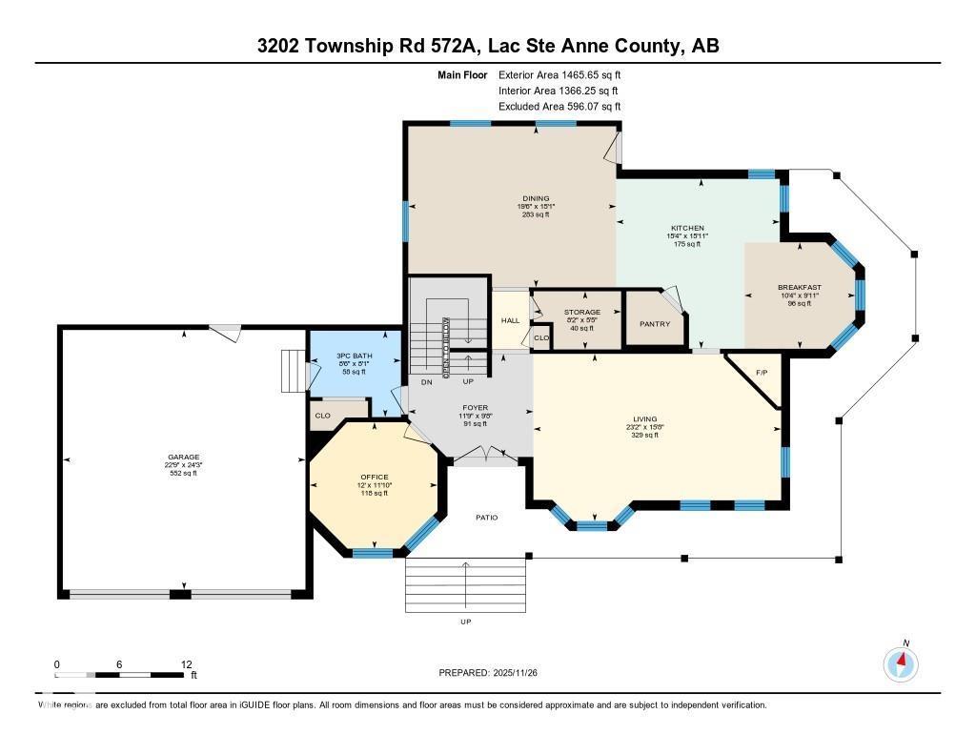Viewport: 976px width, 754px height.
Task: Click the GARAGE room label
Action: coord(184,457)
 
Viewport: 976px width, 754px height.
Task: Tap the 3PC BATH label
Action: coord(355,356)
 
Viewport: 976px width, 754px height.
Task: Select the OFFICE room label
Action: coord(375,477)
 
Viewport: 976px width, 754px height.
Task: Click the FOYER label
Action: coord(475,407)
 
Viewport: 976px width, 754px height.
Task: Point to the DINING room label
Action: coord(537,198)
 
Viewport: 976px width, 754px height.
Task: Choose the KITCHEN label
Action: coord(687,228)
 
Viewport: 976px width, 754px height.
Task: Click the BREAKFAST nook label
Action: coord(799,287)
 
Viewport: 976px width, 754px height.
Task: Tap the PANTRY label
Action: coord(655,323)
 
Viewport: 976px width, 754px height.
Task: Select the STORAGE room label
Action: coord(581,312)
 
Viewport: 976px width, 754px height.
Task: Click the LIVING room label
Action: coord(645,418)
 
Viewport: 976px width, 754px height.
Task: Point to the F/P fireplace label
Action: coord(761,373)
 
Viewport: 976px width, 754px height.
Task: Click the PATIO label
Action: coord(488,518)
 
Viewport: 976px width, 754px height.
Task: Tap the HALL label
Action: coord(511,320)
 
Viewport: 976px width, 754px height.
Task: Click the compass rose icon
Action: coord(900,662)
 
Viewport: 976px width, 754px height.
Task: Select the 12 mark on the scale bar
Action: coord(187,664)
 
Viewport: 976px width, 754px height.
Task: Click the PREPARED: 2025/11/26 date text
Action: coord(495,673)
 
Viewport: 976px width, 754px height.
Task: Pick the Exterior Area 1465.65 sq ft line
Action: coord(559,74)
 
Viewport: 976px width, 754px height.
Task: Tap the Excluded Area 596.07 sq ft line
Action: coord(559,107)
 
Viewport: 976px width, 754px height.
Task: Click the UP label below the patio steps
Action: coord(465,622)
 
